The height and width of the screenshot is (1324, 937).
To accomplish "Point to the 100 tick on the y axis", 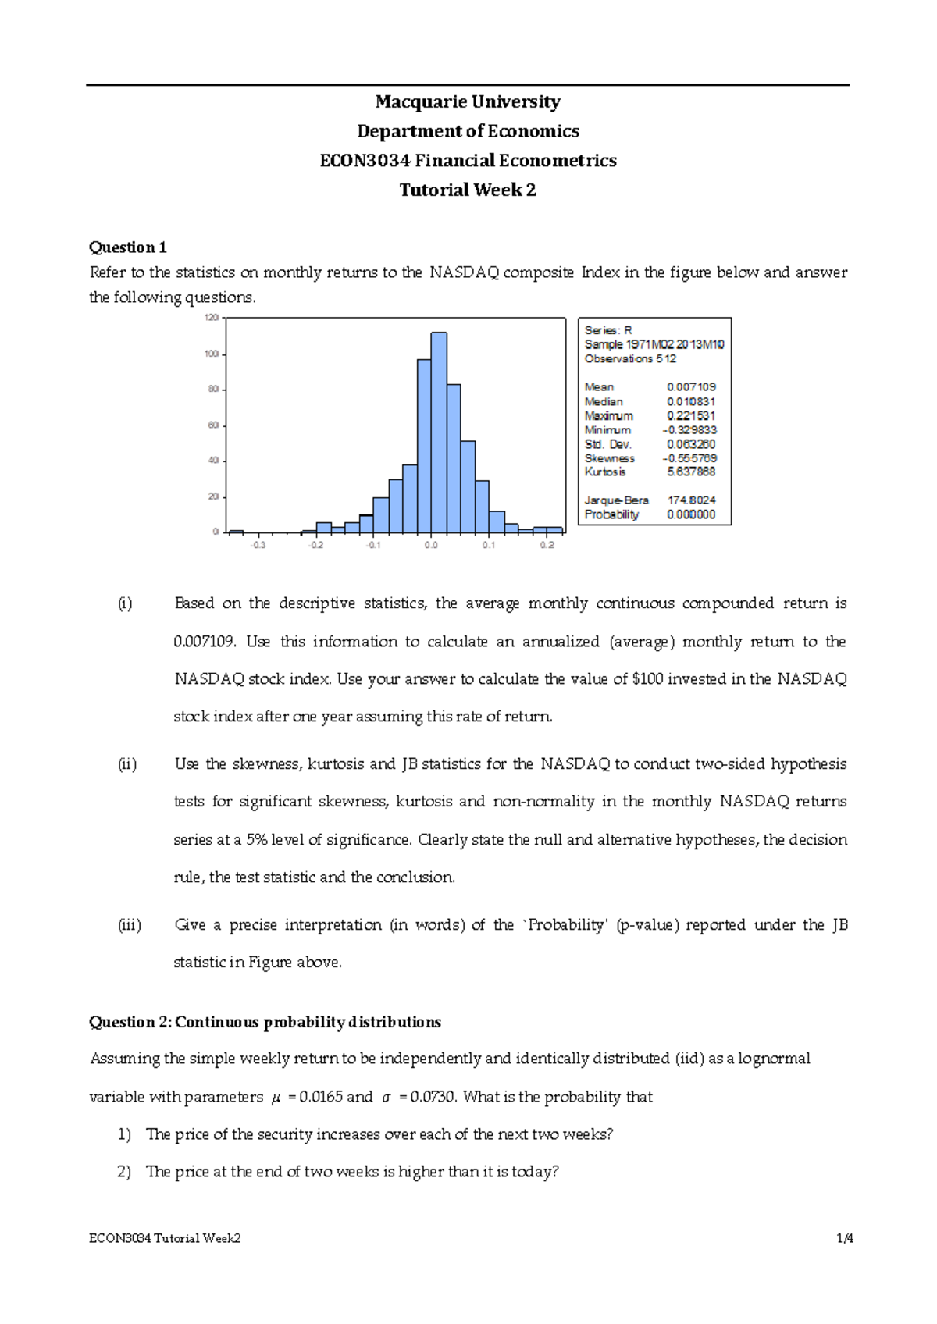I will pos(212,354).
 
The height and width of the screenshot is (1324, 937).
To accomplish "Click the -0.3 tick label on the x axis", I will pos(258,545).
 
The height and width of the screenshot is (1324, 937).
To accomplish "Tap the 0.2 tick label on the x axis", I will pos(547,545).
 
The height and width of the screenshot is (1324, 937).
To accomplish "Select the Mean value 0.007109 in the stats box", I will pos(691,387).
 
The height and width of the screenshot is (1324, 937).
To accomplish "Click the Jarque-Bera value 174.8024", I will pos(691,500).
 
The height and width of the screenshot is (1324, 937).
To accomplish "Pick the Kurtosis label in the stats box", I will pos(604,472).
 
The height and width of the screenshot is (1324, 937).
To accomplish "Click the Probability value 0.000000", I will pos(691,514).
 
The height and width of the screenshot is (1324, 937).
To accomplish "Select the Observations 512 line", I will pos(630,359).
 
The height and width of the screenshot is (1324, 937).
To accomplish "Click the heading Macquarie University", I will pos(468,102).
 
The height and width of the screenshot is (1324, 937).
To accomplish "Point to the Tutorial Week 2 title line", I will pos(468,190).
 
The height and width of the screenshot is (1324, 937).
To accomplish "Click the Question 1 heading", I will pos(128,247).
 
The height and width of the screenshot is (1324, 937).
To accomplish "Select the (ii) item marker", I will pos(127,764).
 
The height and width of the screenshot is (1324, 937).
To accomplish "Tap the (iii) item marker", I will pos(130,925).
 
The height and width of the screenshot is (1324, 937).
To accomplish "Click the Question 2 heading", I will pos(265,1022).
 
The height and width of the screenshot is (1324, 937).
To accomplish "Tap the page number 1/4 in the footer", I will pos(845,1238).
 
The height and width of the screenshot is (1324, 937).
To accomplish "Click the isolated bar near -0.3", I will pos(236,531).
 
